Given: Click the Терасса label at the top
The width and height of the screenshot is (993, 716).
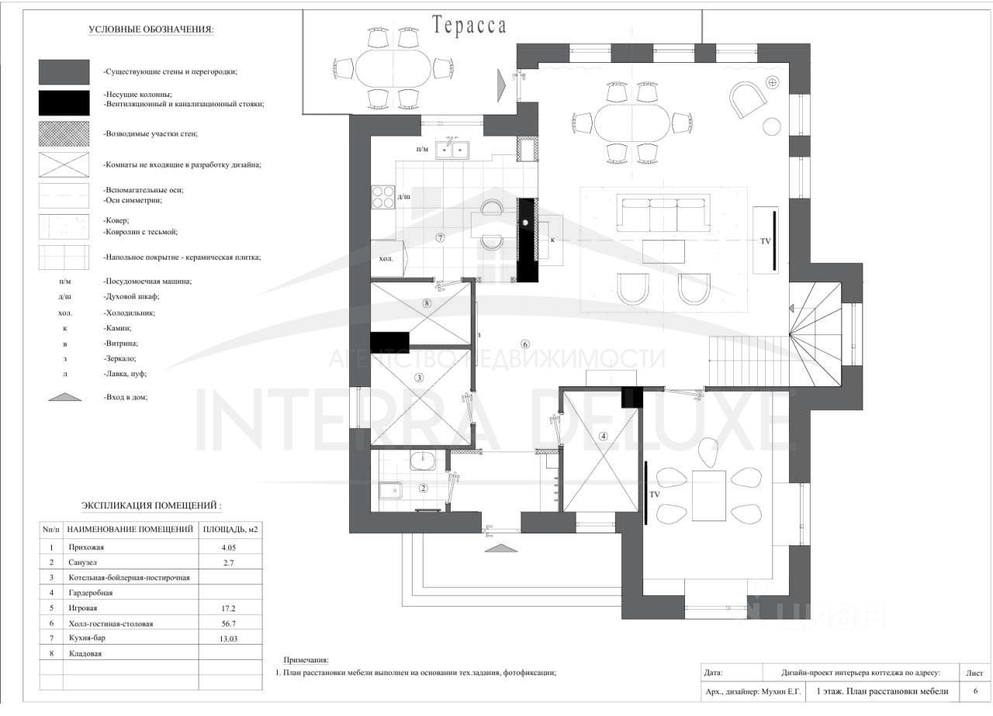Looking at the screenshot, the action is pos(469,26).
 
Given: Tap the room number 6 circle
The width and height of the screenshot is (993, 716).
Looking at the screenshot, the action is pos(525,344).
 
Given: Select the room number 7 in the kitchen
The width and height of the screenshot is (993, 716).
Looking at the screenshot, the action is pos(440,238).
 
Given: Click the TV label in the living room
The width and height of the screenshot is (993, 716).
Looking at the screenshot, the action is pos(765,241).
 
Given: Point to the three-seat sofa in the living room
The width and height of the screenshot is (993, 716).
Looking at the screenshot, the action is pos(664,213).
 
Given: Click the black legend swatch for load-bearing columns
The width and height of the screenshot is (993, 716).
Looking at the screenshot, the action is pos(64,99).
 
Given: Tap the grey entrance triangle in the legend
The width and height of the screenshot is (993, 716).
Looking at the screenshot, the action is pos(64,396).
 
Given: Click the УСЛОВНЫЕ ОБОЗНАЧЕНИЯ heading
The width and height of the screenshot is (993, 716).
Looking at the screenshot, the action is pos(151,30).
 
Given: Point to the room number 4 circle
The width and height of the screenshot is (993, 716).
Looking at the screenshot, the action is pos(604,435).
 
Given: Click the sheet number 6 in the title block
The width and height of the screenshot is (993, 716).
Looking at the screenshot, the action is pos(974,691).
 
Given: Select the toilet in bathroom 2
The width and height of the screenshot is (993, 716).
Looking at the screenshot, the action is pos(391,490).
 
